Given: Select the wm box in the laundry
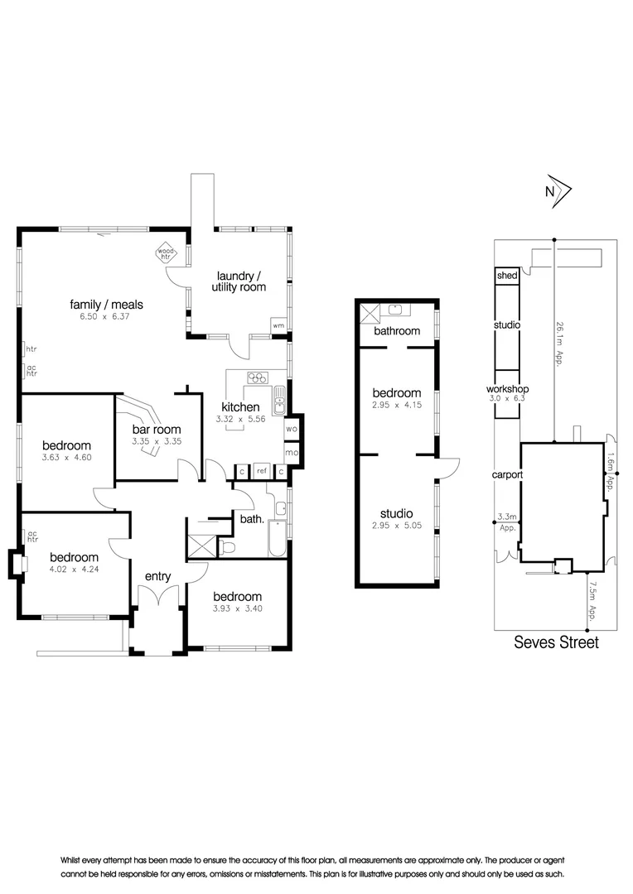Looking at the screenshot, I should (278, 326).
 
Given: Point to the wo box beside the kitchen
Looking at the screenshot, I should (292, 429).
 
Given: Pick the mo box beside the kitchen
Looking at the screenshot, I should (292, 453).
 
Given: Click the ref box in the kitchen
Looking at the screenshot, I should (261, 472).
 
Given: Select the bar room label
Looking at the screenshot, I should (156, 430).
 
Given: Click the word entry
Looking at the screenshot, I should (158, 576).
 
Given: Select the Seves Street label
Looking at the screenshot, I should (556, 642).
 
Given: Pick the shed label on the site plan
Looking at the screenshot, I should (506, 276).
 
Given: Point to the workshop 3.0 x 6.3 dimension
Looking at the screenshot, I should (507, 398).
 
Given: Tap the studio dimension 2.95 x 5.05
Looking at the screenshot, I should (396, 526).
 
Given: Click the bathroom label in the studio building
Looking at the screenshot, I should (396, 331).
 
